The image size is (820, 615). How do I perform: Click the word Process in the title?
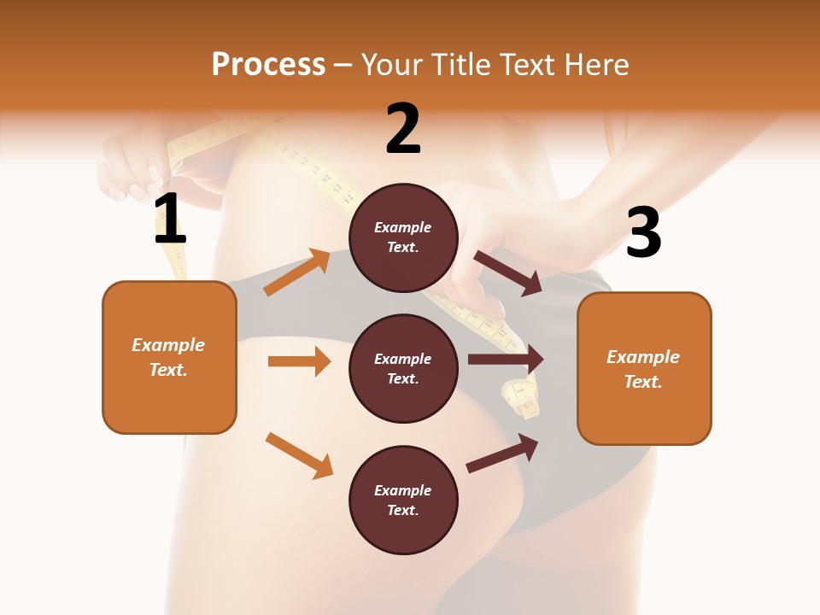tap(268, 65)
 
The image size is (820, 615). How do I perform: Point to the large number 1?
tap(169, 220)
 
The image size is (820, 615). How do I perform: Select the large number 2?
tap(403, 129)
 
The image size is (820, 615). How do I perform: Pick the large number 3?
tap(643, 232)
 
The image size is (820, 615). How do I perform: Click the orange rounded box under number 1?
tap(169, 357)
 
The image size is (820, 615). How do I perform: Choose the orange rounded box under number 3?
tap(644, 368)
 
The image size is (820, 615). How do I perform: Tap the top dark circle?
tap(403, 237)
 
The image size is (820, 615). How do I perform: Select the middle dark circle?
tap(403, 368)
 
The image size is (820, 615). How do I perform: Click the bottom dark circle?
tap(403, 500)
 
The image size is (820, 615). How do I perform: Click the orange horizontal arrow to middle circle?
tap(299, 361)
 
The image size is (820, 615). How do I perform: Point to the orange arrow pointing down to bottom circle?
tap(299, 455)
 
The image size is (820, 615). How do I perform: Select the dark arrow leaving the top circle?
tap(508, 272)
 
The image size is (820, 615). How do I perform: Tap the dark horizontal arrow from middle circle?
tap(506, 360)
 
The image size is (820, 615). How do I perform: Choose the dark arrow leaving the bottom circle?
tap(502, 454)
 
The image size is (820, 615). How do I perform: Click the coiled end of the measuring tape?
tap(521, 397)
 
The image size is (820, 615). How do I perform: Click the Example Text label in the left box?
tap(169, 357)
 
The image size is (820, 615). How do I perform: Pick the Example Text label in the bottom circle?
tap(403, 500)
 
